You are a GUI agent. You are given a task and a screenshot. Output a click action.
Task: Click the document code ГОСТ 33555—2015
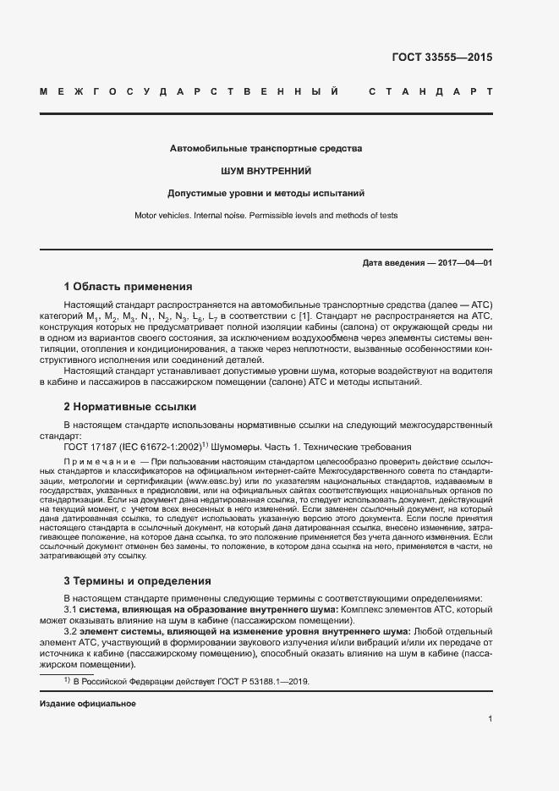[x=441, y=58]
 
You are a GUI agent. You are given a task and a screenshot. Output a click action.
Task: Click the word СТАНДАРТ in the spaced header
[x=430, y=91]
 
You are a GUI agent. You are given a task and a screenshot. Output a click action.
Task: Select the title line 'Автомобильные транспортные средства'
[x=266, y=149]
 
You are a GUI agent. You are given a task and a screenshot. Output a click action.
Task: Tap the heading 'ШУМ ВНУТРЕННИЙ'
[x=266, y=171]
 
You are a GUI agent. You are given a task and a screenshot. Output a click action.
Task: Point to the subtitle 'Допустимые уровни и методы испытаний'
[x=266, y=193]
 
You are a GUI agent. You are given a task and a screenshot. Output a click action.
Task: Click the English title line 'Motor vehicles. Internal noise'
[x=266, y=216]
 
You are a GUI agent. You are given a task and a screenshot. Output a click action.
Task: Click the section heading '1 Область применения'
[x=129, y=287]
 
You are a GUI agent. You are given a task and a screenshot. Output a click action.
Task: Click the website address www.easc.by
[x=211, y=481]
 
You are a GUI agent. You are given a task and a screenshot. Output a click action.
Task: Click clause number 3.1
[x=71, y=609]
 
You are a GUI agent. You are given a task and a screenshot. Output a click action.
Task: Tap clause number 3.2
[x=71, y=631]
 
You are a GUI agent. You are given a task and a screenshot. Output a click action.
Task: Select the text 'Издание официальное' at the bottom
[x=88, y=703]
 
